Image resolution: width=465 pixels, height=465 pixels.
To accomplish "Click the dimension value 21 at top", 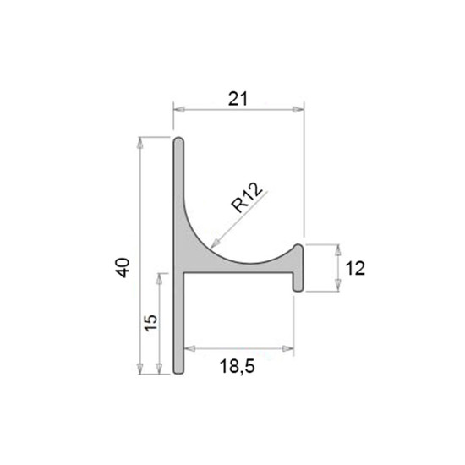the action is point(238,99).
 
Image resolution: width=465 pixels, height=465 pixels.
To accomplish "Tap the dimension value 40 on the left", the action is point(123,268).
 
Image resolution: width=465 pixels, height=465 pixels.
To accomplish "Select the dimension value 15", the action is point(150,322).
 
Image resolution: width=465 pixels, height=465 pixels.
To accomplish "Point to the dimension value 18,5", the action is point(238,366).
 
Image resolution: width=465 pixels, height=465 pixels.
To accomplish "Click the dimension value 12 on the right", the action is point(355,268).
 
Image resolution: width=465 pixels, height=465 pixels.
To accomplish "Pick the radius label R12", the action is point(247,197).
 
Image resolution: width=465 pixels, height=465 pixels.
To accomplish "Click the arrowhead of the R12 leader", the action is point(215,243).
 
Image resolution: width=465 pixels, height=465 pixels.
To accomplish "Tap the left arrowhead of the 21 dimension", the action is point(179,109).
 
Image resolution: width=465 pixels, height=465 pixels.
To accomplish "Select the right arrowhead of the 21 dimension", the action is point(298,109).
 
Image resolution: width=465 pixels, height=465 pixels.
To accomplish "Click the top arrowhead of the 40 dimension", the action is point(140,143).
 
